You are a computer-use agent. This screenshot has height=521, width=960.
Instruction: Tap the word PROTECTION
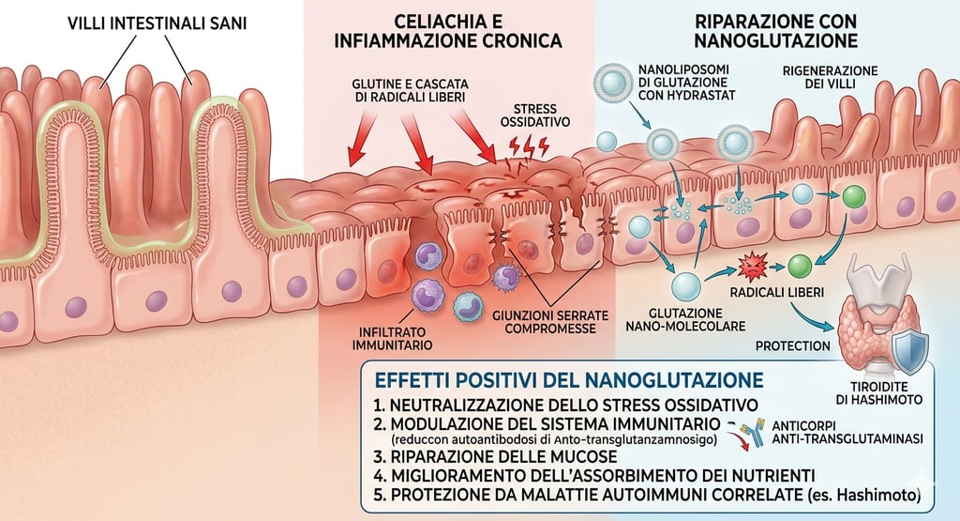click(794, 345)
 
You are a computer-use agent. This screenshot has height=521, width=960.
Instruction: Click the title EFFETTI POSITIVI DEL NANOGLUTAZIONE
click(567, 380)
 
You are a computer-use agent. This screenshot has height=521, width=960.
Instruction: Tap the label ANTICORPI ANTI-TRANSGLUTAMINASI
click(845, 431)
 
